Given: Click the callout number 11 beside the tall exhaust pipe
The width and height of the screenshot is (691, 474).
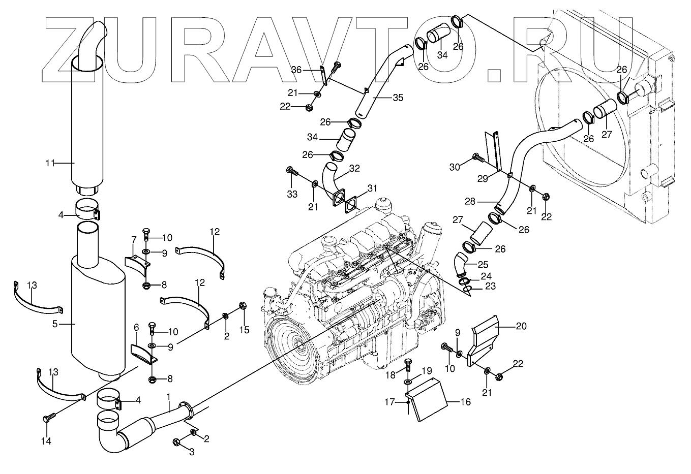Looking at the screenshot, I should [x=49, y=163].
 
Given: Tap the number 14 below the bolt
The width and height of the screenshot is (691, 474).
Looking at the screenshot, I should [x=46, y=441].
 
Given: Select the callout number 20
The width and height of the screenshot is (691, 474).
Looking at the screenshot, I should [x=521, y=327].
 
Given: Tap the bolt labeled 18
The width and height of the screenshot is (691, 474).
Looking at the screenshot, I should [x=408, y=364].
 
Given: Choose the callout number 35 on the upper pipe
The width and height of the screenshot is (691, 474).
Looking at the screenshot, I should [x=398, y=98].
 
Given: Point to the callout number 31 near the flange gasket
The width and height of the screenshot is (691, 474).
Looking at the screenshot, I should [x=373, y=188].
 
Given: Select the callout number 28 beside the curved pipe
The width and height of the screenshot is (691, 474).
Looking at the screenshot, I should [x=470, y=202].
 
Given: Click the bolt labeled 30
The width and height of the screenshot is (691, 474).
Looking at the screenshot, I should [x=477, y=157].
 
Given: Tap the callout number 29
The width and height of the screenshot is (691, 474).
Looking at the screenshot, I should [x=483, y=178].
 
